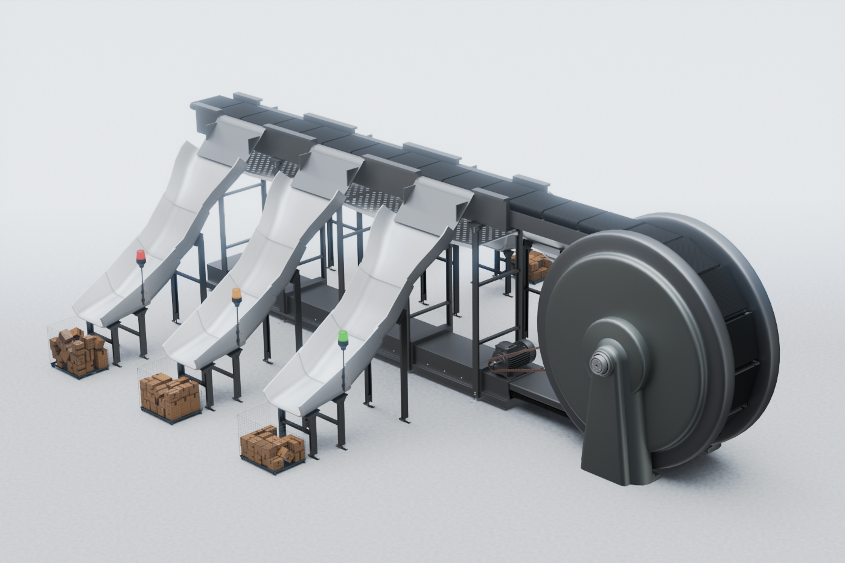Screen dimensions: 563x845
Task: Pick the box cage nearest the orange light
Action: pos(170,395)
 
